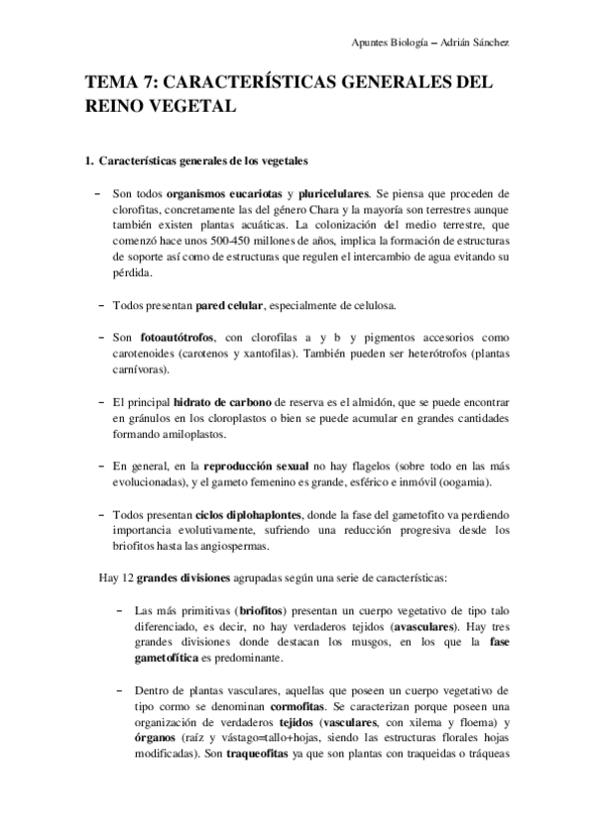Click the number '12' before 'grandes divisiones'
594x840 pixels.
coord(126,577)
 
